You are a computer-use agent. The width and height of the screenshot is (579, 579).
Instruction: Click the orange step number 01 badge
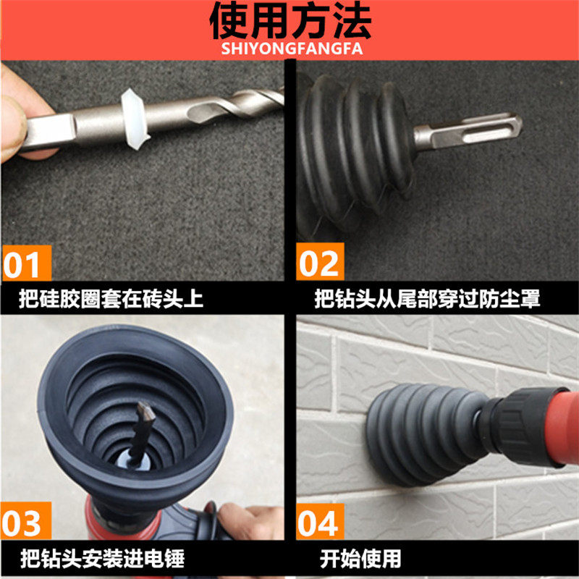[x=27, y=263]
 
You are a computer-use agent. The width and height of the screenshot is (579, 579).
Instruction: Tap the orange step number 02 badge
[x=320, y=261]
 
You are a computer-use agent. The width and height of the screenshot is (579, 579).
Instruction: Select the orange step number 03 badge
[x=26, y=520]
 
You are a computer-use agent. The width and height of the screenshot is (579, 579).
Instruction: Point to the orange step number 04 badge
[x=320, y=521]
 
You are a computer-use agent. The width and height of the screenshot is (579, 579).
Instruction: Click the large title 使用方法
[x=290, y=21]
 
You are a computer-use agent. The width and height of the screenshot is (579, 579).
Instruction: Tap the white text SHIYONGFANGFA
[x=292, y=49]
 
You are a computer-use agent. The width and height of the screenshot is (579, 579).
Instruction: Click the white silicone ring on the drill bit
[x=134, y=119]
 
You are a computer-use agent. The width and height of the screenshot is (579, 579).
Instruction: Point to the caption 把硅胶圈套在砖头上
[x=111, y=298]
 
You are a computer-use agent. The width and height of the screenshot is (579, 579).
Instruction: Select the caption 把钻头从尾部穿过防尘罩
[x=427, y=298]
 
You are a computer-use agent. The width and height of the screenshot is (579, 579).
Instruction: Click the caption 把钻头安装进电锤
[x=102, y=559]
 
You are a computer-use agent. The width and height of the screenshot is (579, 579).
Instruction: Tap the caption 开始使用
[x=360, y=559]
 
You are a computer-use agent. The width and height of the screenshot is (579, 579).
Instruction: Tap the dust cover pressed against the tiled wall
[x=425, y=434]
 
